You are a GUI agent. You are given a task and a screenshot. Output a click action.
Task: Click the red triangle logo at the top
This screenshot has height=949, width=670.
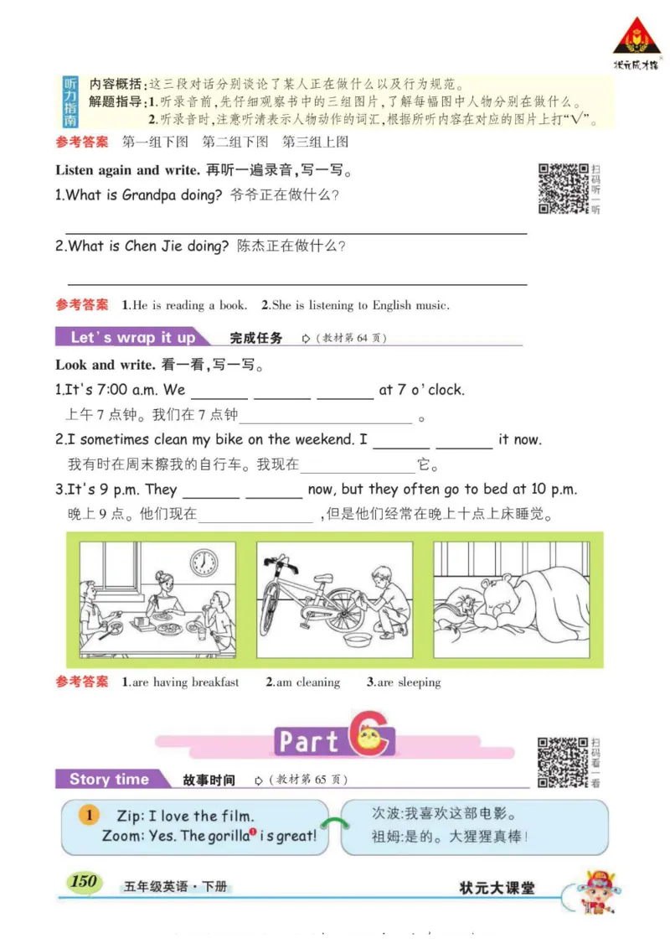click(636, 37)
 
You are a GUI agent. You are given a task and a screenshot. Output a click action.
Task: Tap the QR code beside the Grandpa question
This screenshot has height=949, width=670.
click(563, 189)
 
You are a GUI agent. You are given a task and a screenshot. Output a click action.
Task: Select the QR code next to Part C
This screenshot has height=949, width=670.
click(562, 761)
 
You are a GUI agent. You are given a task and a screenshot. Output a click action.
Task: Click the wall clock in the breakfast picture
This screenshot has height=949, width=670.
click(204, 562)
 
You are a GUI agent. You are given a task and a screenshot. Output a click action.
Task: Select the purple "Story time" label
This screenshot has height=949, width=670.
click(109, 780)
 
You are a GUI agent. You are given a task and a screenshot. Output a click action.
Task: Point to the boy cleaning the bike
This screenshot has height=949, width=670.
click(385, 599)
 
